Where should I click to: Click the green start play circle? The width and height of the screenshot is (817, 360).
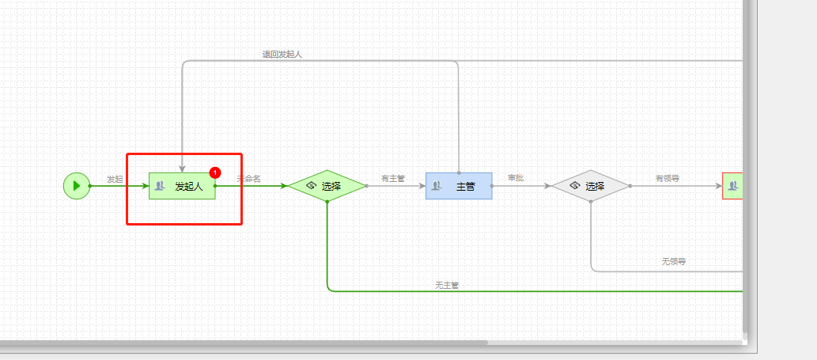point(77,186)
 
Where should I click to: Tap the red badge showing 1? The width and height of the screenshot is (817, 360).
point(215,172)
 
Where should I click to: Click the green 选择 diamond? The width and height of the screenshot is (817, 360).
point(327,186)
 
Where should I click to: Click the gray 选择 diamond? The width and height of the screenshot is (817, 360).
point(590,186)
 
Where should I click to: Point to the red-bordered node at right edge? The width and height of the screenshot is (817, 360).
point(732,186)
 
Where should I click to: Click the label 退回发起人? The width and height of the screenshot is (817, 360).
point(282,55)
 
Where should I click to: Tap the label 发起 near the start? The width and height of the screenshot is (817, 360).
point(115,179)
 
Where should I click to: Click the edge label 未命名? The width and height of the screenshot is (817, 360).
point(248,179)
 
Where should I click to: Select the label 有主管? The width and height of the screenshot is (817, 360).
point(392,179)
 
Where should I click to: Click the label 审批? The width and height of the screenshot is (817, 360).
point(516,179)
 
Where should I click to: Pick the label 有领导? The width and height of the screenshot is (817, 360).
point(667,179)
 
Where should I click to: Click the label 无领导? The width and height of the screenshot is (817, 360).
point(673,261)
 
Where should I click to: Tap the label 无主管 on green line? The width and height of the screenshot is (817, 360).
point(446,285)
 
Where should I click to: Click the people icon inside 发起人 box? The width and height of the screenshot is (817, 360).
point(160,186)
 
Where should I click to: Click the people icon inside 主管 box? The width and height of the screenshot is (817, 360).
point(436,186)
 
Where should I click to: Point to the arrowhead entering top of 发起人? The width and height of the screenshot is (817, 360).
point(182,168)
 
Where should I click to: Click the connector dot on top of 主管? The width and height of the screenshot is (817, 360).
point(459,172)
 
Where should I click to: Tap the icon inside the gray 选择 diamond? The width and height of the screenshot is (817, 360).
point(575,186)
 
